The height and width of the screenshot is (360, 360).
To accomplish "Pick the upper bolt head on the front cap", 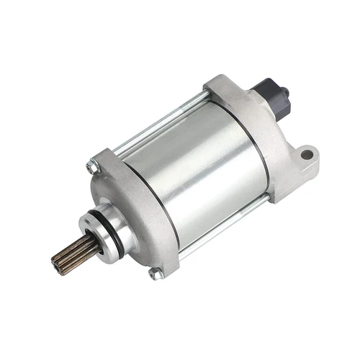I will [x=91, y=167].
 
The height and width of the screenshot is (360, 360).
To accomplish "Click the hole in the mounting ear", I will [x=307, y=153].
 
